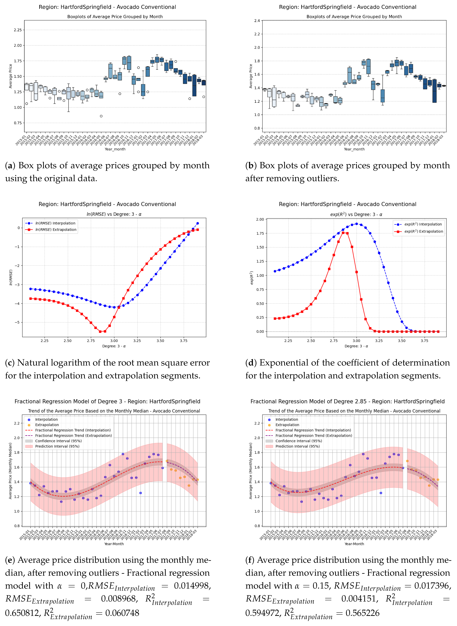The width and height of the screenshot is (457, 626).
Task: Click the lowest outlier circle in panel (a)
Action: point(101,116)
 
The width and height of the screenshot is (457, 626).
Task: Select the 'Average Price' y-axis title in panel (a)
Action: point(11,76)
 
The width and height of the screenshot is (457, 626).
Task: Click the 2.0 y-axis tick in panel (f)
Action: point(257,438)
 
